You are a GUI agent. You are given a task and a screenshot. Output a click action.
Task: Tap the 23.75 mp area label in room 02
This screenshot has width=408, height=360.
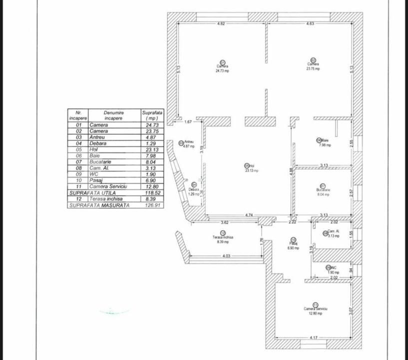[x=313, y=68]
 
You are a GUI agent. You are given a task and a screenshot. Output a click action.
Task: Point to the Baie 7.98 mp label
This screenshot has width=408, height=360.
[x=324, y=145]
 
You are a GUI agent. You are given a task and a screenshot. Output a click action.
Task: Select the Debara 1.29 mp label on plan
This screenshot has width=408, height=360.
[x=194, y=193]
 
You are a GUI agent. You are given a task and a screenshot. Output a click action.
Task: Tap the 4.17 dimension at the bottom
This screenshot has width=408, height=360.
[x=313, y=338]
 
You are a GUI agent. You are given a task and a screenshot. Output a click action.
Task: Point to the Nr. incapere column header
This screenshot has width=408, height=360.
[x=78, y=115]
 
